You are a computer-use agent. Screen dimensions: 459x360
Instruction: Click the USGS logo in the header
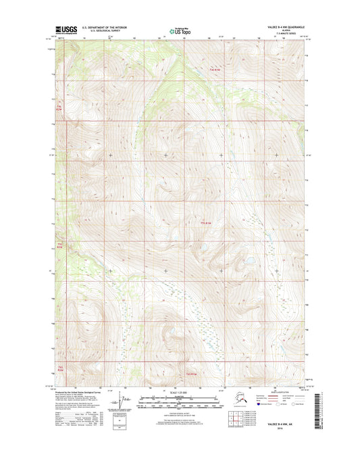click(68, 30)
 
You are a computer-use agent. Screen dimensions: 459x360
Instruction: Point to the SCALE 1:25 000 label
click(180, 393)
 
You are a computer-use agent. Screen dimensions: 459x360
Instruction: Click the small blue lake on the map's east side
click(249, 260)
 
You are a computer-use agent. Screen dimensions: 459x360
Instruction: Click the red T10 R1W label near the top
click(215, 70)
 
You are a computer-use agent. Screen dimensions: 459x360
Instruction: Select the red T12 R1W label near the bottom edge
click(192, 373)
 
